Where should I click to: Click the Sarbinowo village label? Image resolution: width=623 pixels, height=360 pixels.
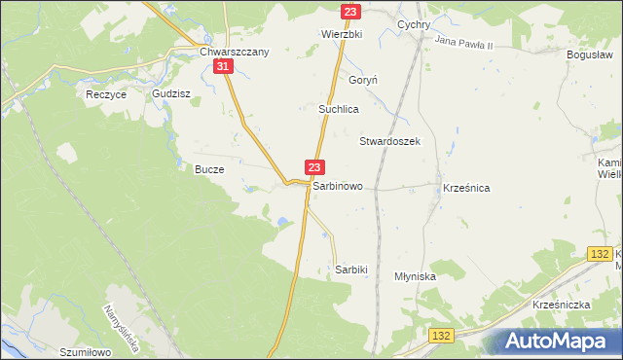(338, 185)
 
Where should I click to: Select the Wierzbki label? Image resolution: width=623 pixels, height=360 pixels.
(342, 32)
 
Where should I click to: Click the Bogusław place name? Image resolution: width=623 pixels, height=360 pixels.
(590, 54)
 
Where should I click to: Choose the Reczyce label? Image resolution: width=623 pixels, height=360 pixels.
(107, 94)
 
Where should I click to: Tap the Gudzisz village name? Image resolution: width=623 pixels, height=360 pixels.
(170, 94)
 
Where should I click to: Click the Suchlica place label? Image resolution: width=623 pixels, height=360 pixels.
(340, 110)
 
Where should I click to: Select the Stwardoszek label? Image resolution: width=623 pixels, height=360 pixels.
(389, 141)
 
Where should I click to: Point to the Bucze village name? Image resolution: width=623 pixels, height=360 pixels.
(209, 168)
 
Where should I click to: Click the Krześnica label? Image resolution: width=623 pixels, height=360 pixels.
(465, 186)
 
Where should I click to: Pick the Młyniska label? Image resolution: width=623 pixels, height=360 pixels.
(415, 276)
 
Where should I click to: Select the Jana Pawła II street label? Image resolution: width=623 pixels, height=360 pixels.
(465, 45)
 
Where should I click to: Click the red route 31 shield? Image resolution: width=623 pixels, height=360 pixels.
(224, 66)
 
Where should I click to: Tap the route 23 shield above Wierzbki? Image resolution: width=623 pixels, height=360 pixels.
(351, 12)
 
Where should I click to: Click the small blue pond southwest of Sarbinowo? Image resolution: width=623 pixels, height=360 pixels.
(282, 223)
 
